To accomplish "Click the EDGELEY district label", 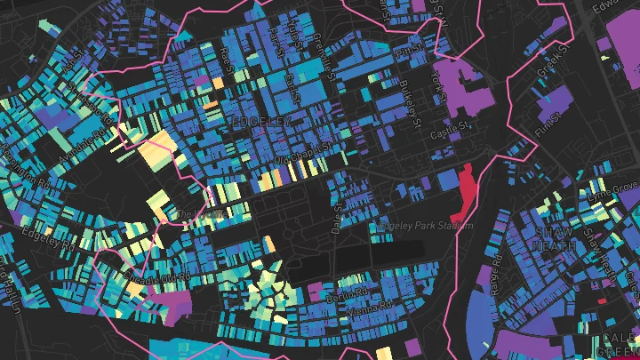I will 260,118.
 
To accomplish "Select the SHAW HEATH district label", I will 553,238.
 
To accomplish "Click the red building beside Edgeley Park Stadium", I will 464,192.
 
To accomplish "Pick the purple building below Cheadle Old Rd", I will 173,304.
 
